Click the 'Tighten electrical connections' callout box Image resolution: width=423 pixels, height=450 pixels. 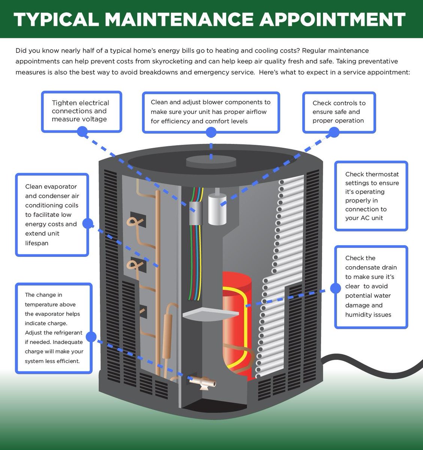point(81,111)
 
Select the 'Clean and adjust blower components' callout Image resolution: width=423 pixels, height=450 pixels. point(211,111)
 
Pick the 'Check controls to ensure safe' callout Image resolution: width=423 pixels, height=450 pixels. point(339,111)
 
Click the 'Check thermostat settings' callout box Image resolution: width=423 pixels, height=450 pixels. point(371,196)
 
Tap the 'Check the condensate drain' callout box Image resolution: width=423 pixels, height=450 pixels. point(371,286)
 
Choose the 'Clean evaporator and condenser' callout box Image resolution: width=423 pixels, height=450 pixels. point(52,214)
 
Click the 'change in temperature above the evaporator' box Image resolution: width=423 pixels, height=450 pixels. point(54,328)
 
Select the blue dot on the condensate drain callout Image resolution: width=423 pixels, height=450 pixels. point(335,288)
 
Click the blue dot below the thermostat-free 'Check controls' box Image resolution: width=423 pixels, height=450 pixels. point(334,132)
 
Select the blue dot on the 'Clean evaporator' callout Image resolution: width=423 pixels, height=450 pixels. point(88,224)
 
